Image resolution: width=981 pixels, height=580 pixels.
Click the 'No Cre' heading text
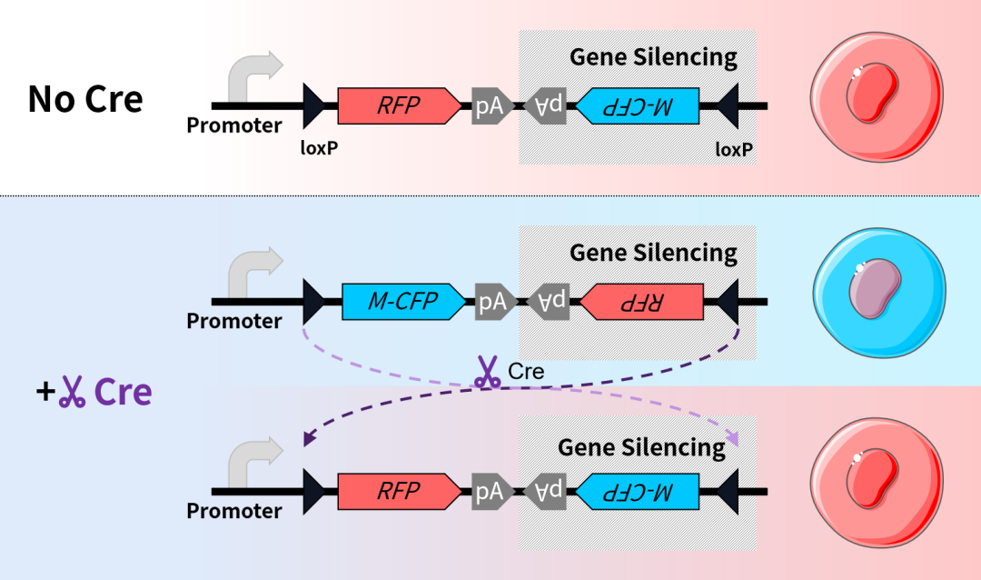click(x=85, y=99)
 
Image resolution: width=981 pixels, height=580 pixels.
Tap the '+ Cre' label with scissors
click(x=94, y=392)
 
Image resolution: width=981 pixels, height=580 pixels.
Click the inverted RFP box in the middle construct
click(x=641, y=302)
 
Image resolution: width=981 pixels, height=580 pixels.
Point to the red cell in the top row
click(x=869, y=97)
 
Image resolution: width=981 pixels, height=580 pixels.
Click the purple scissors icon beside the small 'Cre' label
click(x=489, y=373)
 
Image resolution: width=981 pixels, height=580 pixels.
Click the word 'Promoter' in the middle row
click(x=234, y=322)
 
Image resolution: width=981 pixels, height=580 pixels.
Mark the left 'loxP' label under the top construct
click(x=320, y=148)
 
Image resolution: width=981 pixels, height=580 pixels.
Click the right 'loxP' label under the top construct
click(x=735, y=148)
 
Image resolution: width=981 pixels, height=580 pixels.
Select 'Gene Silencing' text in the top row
click(x=653, y=56)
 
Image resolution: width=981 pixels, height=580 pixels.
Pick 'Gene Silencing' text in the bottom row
click(x=641, y=447)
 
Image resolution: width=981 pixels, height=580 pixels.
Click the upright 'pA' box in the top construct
click(x=490, y=106)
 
